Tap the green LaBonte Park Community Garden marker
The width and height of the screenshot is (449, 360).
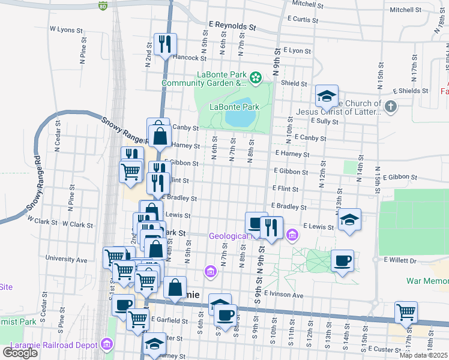click(256, 77)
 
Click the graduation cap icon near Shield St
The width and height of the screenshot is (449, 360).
click(327, 95)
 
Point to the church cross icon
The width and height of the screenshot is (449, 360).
click(391, 107)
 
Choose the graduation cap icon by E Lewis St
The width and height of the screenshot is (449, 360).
click(349, 219)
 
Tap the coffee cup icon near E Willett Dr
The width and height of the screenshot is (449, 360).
click(342, 260)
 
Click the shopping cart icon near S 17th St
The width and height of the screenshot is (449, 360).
click(406, 312)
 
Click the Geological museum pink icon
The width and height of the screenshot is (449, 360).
click(292, 235)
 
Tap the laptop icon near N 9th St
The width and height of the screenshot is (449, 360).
click(256, 223)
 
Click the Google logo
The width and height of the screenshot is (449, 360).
click(20, 352)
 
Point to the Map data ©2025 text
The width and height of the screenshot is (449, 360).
click(424, 355)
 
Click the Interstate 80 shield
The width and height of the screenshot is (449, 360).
click(103, 6)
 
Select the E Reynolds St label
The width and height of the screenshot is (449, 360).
click(232, 27)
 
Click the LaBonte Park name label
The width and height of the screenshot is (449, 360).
click(234, 107)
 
